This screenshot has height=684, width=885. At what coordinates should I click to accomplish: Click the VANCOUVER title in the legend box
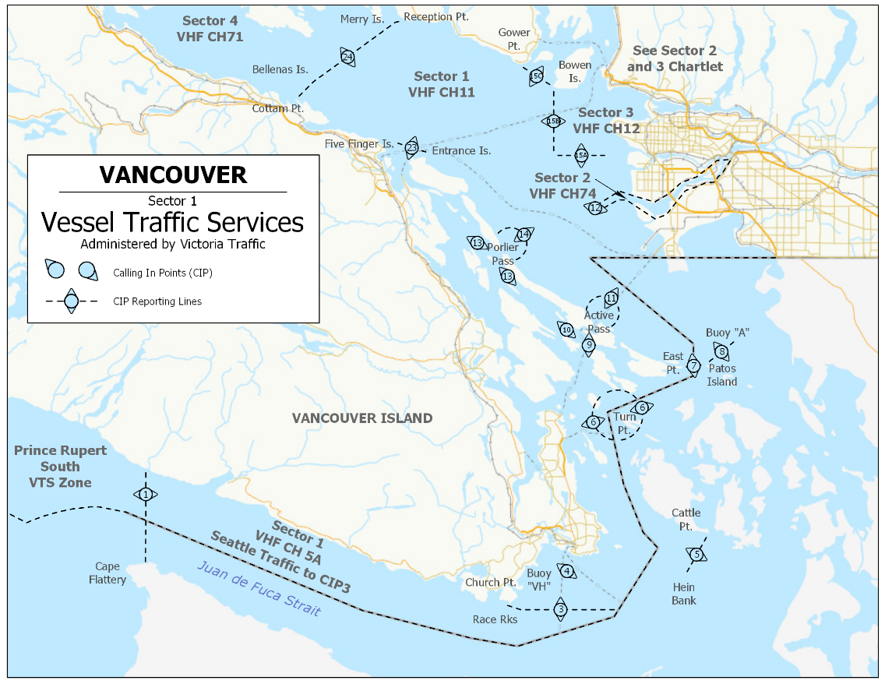(x=173, y=175)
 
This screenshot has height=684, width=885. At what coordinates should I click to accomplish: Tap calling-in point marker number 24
(x=347, y=57)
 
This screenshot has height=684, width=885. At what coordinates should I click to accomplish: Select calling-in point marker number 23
(x=411, y=147)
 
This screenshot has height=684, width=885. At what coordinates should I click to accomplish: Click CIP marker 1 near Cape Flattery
(x=145, y=494)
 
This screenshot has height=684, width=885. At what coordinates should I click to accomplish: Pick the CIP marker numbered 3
(x=560, y=608)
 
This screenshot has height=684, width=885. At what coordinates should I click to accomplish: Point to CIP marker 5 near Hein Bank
(x=696, y=554)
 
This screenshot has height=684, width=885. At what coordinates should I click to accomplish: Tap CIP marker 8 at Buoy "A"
(x=722, y=351)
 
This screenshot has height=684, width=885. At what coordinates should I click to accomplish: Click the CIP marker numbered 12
(x=595, y=208)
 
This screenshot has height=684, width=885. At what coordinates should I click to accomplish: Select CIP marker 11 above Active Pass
(x=611, y=298)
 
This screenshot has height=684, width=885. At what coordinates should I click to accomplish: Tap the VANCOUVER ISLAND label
(x=361, y=418)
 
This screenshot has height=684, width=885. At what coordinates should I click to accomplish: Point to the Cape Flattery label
(x=108, y=573)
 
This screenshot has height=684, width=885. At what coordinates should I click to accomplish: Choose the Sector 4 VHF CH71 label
(x=210, y=28)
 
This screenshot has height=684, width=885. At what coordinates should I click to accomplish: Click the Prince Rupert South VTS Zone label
(x=60, y=467)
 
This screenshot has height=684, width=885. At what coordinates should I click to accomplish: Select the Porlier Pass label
(x=503, y=254)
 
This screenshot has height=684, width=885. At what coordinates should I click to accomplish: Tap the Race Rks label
(x=495, y=619)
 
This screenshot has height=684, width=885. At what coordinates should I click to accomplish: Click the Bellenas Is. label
(x=280, y=69)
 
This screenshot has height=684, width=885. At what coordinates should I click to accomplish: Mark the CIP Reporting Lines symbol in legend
(x=71, y=301)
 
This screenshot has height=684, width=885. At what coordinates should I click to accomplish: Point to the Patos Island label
(x=721, y=375)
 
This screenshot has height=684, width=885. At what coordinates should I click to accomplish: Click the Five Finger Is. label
(x=359, y=144)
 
